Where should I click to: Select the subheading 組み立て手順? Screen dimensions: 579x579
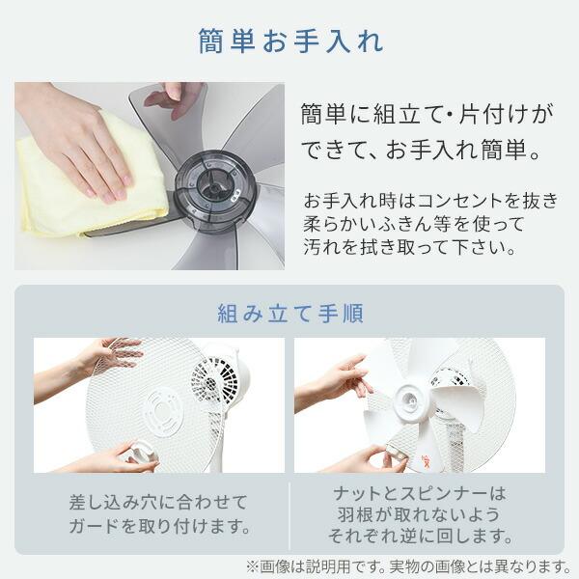(x=289, y=314)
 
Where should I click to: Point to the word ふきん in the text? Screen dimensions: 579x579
(x=412, y=225)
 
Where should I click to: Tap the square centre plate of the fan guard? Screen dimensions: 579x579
(x=162, y=409)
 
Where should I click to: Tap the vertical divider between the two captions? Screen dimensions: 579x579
(x=289, y=514)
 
